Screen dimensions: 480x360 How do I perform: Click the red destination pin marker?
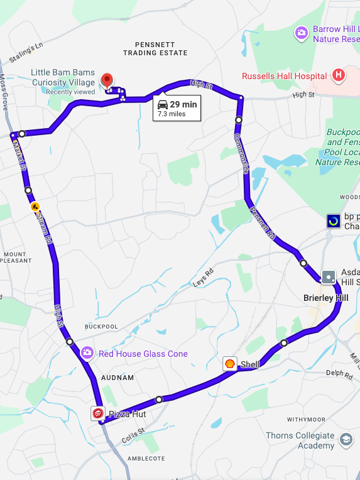pyautogui.click(x=107, y=80)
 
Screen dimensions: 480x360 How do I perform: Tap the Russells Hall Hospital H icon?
pyautogui.click(x=339, y=76)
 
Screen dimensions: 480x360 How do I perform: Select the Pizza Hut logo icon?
pyautogui.click(x=98, y=413)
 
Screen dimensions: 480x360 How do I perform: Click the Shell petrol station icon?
pyautogui.click(x=231, y=364)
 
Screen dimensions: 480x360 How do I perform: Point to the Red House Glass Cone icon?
pyautogui.click(x=87, y=353)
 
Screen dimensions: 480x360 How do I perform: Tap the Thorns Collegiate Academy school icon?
pyautogui.click(x=345, y=440)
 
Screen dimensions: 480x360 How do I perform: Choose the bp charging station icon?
pyautogui.click(x=334, y=221)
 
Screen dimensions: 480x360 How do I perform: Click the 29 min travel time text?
pyautogui.click(x=183, y=104)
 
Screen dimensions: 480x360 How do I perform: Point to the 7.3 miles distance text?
pyautogui.click(x=171, y=114)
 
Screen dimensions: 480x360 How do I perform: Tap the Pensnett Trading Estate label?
pyautogui.click(x=155, y=48)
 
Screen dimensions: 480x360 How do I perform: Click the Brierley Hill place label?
pyautogui.click(x=325, y=297)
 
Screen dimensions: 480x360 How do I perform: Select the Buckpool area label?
pyautogui.click(x=101, y=327)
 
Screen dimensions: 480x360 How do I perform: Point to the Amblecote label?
pyautogui.click(x=146, y=458)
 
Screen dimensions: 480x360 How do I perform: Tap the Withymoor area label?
pyautogui.click(x=306, y=419)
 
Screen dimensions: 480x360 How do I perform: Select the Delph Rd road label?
pyautogui.click(x=339, y=373)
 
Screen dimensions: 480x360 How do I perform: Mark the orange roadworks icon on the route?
pyautogui.click(x=35, y=206)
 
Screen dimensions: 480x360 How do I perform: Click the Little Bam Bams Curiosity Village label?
pyautogui.click(x=63, y=77)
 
